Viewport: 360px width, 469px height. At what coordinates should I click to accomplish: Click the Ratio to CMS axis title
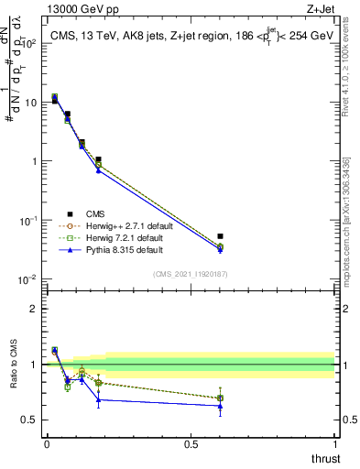tap(13, 376)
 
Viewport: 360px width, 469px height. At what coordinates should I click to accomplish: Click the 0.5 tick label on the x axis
tap(191, 444)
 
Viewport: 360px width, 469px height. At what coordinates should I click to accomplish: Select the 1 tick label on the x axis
tap(335, 444)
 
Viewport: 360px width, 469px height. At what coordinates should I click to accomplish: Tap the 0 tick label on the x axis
tap(47, 444)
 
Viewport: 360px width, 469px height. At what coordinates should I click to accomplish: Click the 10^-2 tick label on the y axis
tap(27, 279)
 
